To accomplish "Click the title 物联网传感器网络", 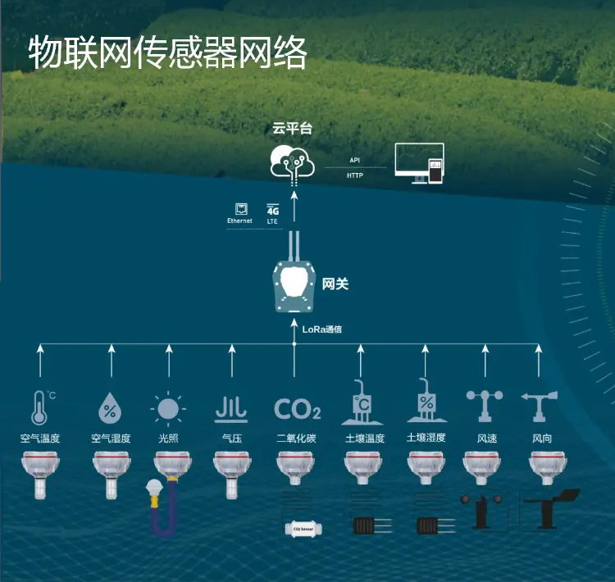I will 167,52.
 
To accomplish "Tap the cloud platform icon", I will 293,161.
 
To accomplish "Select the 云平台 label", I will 293,129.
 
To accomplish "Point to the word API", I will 354,161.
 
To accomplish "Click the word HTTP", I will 354,175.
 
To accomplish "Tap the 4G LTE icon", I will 273,214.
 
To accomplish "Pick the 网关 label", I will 335,284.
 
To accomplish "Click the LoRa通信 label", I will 322,329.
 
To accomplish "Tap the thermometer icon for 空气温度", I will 39,407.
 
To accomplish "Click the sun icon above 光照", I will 168,407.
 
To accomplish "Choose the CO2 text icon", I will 297,408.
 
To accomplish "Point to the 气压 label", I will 231,439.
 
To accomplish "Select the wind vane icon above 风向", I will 540,406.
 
